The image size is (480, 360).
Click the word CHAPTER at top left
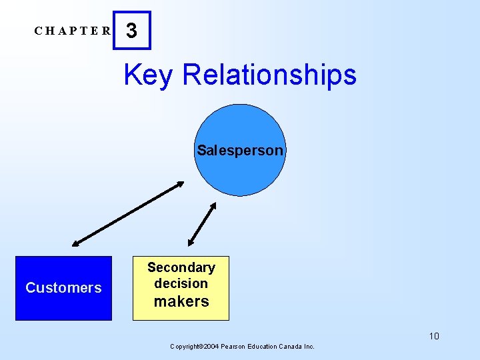pyautogui.click(x=73, y=31)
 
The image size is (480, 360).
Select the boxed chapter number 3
pyautogui.click(x=132, y=31)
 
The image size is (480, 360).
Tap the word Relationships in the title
pyautogui.click(x=269, y=75)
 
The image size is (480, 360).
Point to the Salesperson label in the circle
pyautogui.click(x=240, y=151)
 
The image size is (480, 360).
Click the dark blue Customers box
pyautogui.click(x=63, y=288)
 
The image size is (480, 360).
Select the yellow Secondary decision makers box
pyautogui.click(x=181, y=288)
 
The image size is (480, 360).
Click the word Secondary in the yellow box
pyautogui.click(x=181, y=267)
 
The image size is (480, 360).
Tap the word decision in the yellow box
pyautogui.click(x=181, y=283)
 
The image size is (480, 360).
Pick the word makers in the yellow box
pyautogui.click(x=181, y=301)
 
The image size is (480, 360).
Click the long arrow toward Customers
pyautogui.click(x=128, y=213)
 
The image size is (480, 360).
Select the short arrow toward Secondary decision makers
pyautogui.click(x=202, y=224)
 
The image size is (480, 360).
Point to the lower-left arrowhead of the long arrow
pyautogui.click(x=75, y=243)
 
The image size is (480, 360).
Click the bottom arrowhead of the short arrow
pyautogui.click(x=191, y=243)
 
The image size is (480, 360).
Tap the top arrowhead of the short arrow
pyautogui.click(x=213, y=205)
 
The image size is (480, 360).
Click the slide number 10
pyautogui.click(x=433, y=336)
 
